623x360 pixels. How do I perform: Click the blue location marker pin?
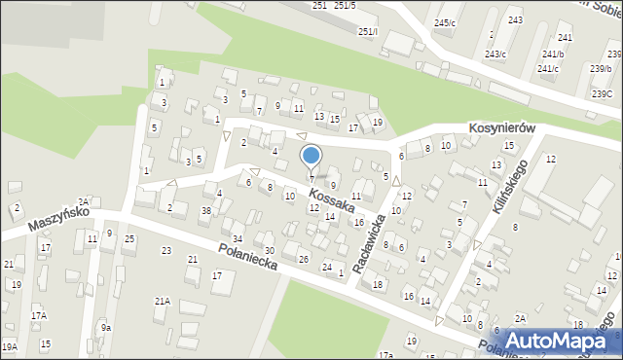(311, 157)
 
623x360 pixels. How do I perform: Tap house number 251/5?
(346, 6)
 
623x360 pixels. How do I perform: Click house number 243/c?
(495, 54)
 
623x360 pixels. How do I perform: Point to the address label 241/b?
(553, 54)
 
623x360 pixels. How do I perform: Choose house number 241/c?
(547, 68)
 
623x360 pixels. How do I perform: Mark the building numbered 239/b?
(600, 68)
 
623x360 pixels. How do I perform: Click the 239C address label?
(601, 93)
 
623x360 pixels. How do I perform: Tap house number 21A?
(162, 302)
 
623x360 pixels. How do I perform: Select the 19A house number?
(9, 346)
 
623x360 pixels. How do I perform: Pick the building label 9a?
(105, 328)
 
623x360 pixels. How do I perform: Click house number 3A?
(84, 200)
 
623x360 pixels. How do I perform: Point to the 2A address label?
(520, 319)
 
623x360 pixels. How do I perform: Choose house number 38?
(205, 210)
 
